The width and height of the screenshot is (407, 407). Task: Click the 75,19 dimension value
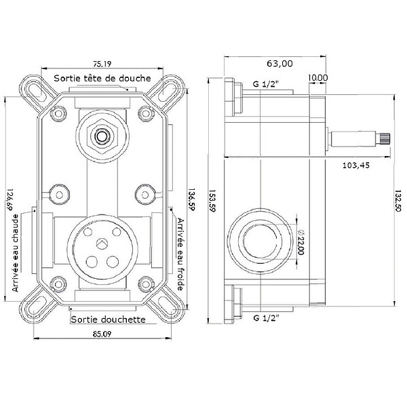pos(102,64)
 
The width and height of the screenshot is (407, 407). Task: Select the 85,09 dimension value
pos(102,334)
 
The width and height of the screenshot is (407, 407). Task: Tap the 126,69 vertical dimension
pos(10,200)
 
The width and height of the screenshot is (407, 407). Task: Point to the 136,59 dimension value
pos(191,200)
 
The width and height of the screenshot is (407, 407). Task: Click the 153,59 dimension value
pos(212,201)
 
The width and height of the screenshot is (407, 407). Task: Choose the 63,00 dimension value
pos(279,64)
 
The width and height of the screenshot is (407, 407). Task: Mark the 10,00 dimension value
pos(318,77)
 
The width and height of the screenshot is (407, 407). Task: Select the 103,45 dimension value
pos(356,166)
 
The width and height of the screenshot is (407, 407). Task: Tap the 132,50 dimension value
pos(398,201)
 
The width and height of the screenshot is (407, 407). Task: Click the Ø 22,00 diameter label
pos(301,242)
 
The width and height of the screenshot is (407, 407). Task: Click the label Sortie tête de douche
pos(102,78)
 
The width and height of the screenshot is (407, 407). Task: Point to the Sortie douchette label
pos(108,319)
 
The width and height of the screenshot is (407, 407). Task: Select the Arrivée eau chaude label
pos(16,253)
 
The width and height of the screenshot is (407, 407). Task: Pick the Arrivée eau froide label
pos(180,254)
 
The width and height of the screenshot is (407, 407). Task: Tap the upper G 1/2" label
pos(265,84)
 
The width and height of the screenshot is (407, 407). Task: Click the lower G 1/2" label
pos(266,317)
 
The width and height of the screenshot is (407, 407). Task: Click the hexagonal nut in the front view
pos(102,136)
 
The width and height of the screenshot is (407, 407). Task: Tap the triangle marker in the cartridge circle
pos(102,243)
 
